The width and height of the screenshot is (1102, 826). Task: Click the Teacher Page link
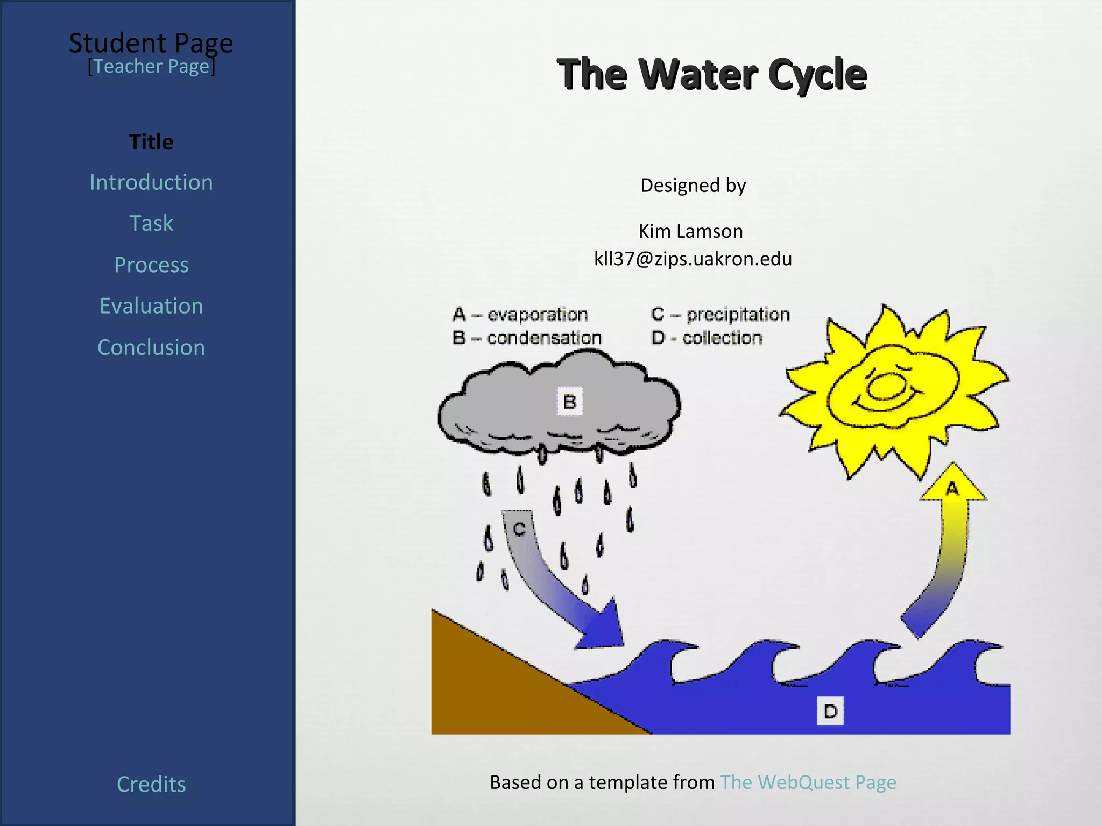tap(151, 67)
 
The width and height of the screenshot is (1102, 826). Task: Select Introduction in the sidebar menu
tap(151, 182)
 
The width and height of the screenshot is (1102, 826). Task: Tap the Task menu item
tap(151, 223)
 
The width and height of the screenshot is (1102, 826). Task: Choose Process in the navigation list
tap(151, 265)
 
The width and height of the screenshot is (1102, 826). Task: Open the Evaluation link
tap(151, 306)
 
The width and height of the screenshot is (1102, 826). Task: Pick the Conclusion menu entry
tap(151, 347)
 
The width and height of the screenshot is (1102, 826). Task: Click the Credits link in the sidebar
tap(151, 784)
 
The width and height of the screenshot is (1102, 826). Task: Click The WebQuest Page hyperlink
tap(808, 782)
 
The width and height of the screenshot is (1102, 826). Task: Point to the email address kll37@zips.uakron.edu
tap(693, 259)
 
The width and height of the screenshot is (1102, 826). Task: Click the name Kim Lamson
tap(690, 231)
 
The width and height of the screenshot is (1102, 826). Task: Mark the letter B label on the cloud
tap(569, 401)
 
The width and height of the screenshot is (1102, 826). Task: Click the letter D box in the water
tap(830, 711)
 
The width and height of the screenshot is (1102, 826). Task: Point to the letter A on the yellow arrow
tap(952, 488)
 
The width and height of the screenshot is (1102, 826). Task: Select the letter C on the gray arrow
tap(519, 529)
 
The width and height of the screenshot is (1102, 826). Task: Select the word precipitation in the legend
tap(738, 314)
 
